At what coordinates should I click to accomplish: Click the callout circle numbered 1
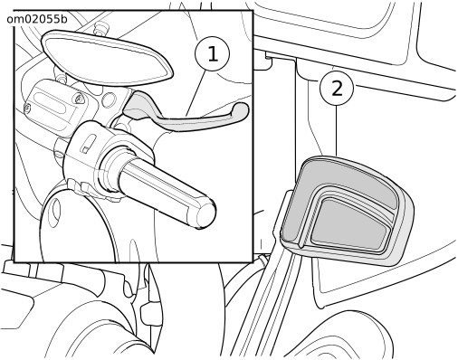pos(213,54)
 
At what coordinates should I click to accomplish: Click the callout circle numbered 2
pos(337,88)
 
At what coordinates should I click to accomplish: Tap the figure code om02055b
pos(37,19)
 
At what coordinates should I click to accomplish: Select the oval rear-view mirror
pos(106,58)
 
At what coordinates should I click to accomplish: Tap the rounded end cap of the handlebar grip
pos(205,214)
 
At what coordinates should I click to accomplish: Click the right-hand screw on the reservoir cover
pos(80,98)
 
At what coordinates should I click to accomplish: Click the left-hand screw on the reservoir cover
pos(27,108)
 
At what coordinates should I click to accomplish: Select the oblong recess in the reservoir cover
pos(52,103)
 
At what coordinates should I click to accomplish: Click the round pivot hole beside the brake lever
pos(110,100)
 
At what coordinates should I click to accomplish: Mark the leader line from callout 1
pos(196,93)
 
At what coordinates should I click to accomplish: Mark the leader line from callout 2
pos(336,130)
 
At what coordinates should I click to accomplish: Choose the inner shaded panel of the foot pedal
pos(350,224)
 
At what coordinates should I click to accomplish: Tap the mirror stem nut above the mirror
pos(100,28)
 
